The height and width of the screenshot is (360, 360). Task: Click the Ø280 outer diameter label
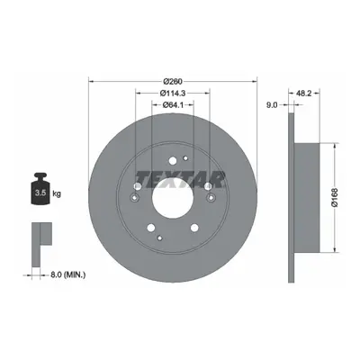[173, 81]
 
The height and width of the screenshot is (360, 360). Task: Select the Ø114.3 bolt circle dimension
[172, 94]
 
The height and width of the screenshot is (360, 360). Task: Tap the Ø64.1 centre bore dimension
[173, 104]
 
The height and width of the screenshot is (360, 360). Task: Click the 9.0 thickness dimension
[272, 105]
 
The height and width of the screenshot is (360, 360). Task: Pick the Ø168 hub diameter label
[335, 197]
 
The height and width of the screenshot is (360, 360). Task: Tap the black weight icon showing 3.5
[40, 189]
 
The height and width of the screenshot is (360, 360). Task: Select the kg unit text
[57, 193]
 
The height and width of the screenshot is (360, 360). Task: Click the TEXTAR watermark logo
[180, 180]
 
